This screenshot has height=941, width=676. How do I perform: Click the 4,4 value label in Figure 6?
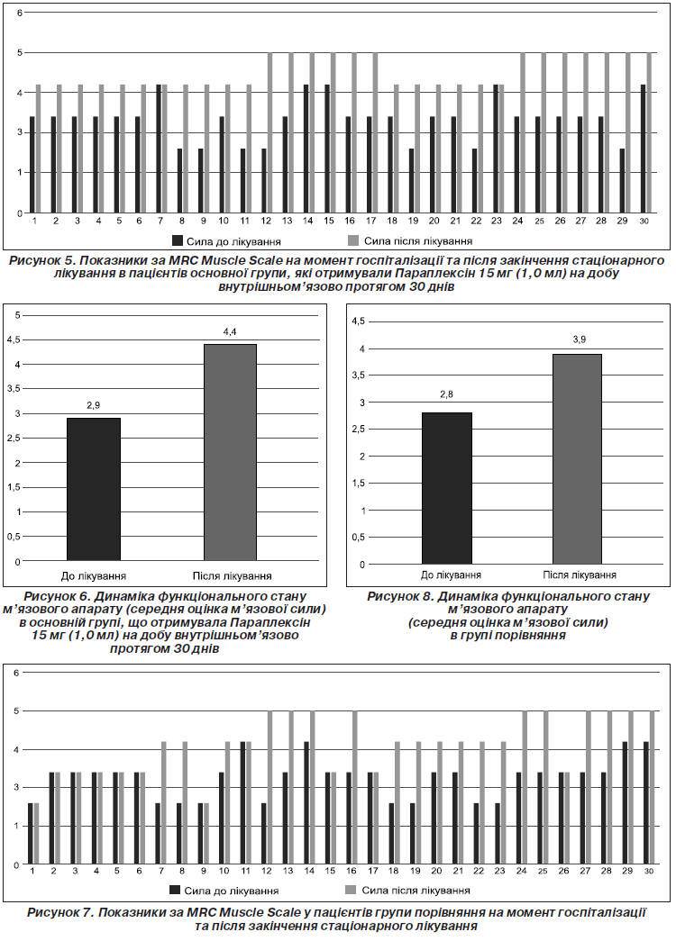pos(230,331)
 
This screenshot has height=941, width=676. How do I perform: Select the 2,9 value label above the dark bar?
pos(93,405)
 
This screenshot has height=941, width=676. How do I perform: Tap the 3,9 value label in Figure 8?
pos(580,339)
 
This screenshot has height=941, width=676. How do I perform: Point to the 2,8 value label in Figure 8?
pos(446,395)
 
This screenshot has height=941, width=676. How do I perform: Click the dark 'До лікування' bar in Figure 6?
pos(94,490)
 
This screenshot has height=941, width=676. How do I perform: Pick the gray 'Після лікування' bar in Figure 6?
pos(230,453)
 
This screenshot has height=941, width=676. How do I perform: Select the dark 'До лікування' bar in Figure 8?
pos(447,488)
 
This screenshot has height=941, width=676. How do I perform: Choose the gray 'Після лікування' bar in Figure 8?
pos(578,459)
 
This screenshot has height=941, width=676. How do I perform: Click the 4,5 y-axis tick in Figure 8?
pos(358,321)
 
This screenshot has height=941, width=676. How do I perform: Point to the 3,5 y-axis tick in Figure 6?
pos(14,389)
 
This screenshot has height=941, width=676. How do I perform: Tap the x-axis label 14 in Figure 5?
pos(307,221)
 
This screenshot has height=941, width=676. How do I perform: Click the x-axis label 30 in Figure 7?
pos(648,871)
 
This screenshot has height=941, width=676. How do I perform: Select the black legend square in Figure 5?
pos(178,240)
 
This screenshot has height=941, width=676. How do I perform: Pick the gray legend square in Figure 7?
pos(351,890)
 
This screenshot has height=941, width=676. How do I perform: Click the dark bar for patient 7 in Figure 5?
pos(159,149)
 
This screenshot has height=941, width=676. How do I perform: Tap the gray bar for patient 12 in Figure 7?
pos(269,788)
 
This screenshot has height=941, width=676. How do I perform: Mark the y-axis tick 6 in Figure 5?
pos(19,12)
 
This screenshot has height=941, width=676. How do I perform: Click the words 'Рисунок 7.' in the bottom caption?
pos(60,913)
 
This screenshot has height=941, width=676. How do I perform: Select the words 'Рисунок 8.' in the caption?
pos(400,596)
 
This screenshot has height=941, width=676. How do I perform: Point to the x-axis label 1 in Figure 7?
pos(32,871)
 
